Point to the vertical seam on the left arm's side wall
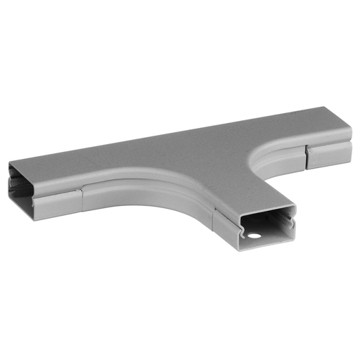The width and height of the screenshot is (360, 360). [82, 198]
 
